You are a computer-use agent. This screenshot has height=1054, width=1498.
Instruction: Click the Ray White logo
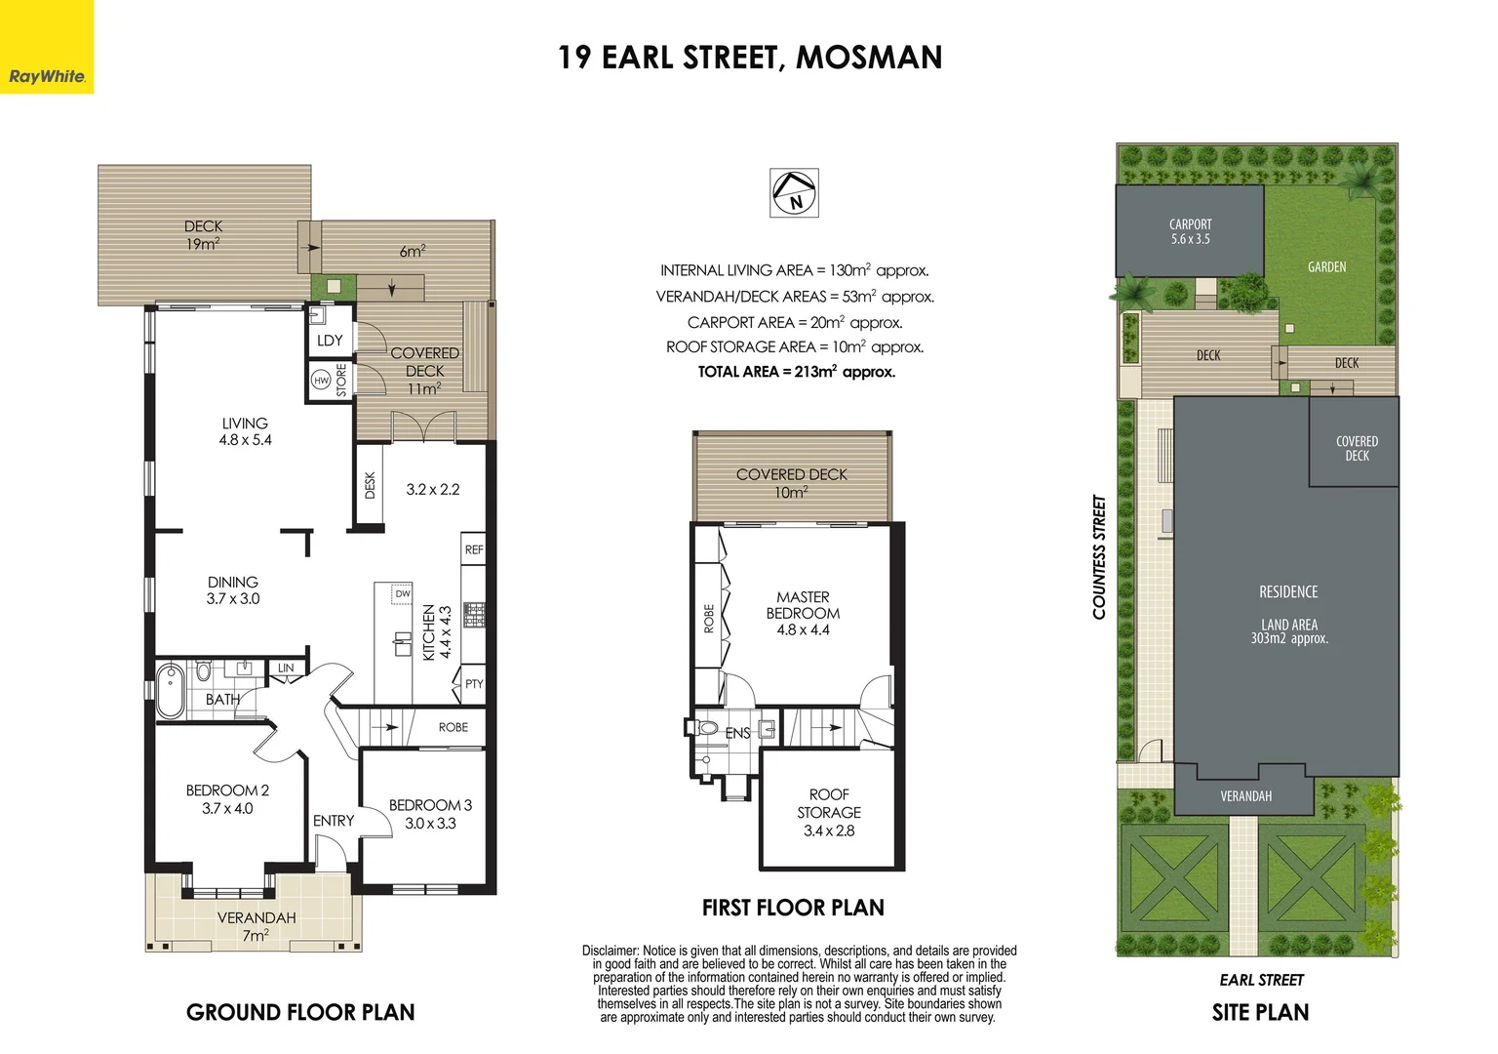(x=47, y=76)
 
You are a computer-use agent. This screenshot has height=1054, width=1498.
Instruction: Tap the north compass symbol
(x=795, y=193)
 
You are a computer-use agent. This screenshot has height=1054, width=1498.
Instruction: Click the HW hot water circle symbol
(x=321, y=381)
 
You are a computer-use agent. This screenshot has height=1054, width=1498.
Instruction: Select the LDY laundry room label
(x=330, y=341)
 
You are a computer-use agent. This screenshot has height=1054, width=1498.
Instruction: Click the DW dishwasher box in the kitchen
(x=402, y=593)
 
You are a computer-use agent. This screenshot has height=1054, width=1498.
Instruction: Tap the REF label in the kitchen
(x=474, y=549)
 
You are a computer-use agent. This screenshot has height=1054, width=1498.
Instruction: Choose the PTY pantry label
(x=474, y=684)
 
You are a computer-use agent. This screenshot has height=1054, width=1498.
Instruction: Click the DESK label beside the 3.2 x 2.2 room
(x=370, y=485)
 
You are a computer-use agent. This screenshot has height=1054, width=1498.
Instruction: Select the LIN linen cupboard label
(x=286, y=669)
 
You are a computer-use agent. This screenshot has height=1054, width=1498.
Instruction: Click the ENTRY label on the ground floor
(x=334, y=821)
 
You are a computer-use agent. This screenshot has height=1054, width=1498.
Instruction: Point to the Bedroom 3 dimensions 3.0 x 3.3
(x=430, y=824)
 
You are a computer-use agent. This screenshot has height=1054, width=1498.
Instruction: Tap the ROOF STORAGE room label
(x=829, y=803)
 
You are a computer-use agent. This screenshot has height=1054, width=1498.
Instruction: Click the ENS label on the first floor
(x=737, y=733)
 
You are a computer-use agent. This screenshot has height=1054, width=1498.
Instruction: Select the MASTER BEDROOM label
(x=803, y=605)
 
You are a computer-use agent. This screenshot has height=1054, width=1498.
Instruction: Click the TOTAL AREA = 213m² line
(x=796, y=372)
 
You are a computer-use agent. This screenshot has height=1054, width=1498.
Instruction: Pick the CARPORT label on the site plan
(x=1190, y=224)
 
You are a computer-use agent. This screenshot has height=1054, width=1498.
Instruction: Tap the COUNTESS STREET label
(x=1099, y=557)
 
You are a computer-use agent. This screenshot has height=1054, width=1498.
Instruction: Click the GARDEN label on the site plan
(x=1326, y=266)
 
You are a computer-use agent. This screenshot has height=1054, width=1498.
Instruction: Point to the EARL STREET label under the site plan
(x=1261, y=980)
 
